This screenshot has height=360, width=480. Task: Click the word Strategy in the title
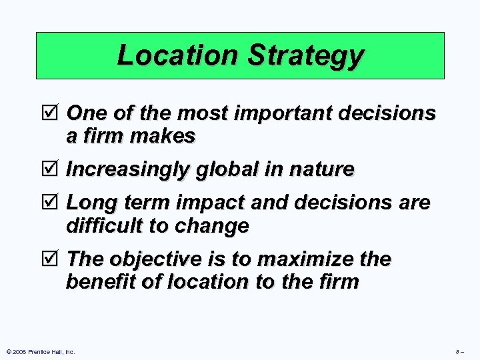306,56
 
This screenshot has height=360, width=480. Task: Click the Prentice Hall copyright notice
41,351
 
